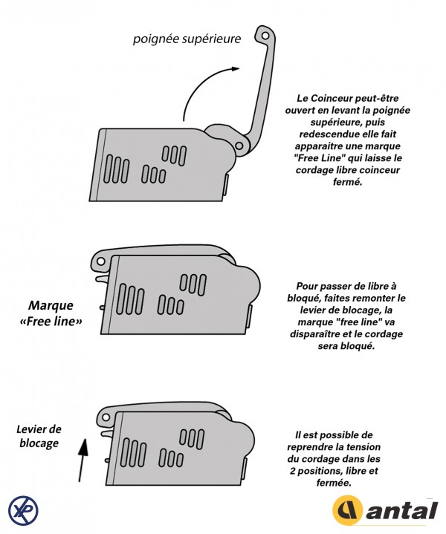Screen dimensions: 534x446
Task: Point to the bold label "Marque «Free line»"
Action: (x=55, y=313)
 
